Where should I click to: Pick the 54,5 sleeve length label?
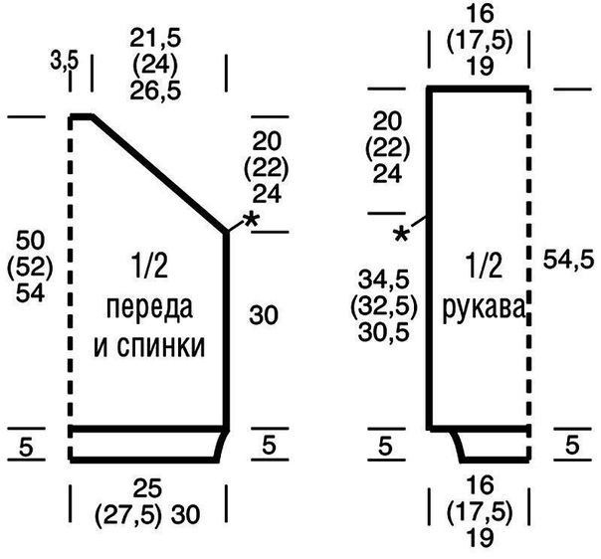click(x=567, y=260)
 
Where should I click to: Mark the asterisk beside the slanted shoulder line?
click(x=251, y=221)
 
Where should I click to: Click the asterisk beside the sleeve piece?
click(x=402, y=236)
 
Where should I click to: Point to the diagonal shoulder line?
click(x=159, y=172)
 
